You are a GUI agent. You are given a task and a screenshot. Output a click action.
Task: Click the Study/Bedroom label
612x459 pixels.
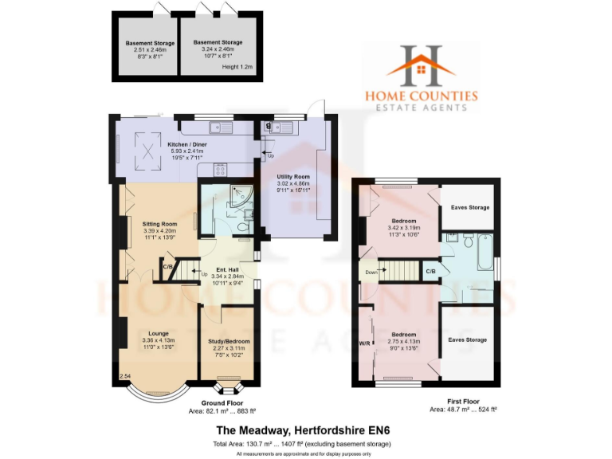tap(229, 341)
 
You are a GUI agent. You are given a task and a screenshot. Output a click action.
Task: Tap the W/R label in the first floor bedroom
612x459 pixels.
tap(363, 344)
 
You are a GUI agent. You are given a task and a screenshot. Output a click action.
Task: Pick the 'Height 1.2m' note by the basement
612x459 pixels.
tap(237, 67)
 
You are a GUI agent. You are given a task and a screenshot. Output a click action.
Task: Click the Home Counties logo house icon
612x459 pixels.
tap(421, 65)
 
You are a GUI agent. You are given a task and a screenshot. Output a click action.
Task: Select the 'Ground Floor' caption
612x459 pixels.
tap(217, 402)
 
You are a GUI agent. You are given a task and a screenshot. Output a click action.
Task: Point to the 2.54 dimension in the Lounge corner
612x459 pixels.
tap(124, 375)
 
